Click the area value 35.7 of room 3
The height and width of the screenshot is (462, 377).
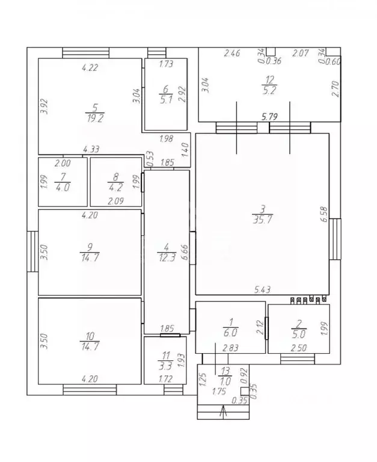coord(262,220)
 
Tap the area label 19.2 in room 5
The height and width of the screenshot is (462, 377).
coord(95,119)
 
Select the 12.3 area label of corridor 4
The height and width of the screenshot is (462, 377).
coord(167,258)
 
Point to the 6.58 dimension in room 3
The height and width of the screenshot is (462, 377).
coord(323,214)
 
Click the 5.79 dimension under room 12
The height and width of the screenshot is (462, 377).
coord(269,117)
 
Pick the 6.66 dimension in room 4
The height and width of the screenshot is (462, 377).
coord(185,252)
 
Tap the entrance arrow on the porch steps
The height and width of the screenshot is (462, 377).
coord(224,411)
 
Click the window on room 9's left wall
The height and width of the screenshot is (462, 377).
coord(32,251)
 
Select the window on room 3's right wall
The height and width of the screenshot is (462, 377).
coord(335,239)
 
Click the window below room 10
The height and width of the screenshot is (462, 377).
coord(90,390)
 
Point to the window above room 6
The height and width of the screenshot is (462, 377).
coord(157,53)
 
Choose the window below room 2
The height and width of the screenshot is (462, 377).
coord(298,359)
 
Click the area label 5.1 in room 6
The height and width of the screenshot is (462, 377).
coord(166,100)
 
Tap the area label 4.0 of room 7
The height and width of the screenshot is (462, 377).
coord(62,188)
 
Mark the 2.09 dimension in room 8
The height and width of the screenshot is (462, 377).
coord(116,202)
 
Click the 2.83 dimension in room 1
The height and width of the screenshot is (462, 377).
coord(231,348)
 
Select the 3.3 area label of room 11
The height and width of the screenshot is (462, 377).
coord(165,366)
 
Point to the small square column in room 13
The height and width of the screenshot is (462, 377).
coord(245,391)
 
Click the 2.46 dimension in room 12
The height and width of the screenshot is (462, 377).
coord(232,54)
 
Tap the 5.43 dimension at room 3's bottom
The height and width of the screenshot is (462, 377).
coord(262,289)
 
